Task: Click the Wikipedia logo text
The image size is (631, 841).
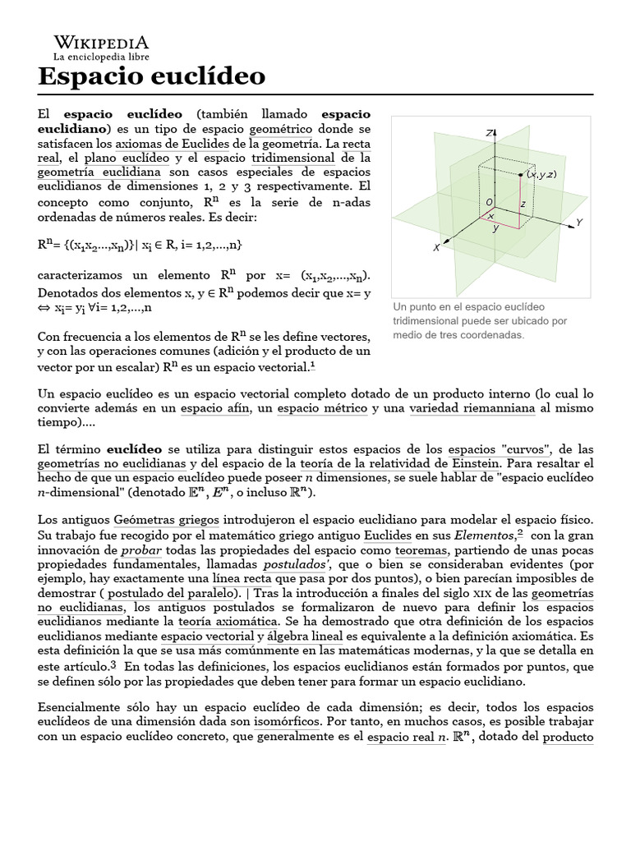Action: click(x=101, y=42)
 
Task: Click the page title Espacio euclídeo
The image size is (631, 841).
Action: click(x=152, y=76)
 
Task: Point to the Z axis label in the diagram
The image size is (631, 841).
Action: click(x=489, y=131)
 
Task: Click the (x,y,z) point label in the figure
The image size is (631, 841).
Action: click(x=541, y=174)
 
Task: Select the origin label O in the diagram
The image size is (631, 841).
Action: click(x=490, y=202)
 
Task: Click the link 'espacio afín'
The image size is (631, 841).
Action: click(x=214, y=407)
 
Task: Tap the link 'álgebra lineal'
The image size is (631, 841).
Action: click(x=315, y=636)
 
